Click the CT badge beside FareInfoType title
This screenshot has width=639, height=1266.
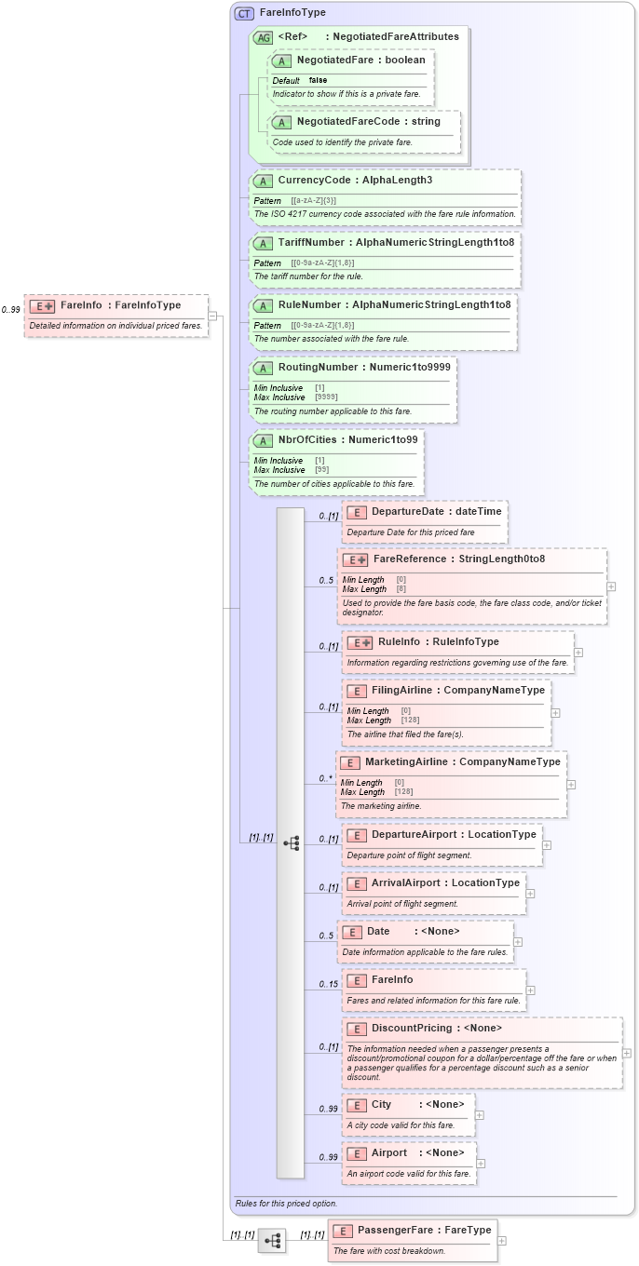pos(244,13)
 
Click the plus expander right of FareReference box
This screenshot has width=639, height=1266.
pos(611,586)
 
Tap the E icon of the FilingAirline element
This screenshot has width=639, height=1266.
pos(356,691)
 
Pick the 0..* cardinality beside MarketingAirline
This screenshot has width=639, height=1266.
pos(326,778)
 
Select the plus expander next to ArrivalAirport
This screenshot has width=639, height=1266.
pos(530,894)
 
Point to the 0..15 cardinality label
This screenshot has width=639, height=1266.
pos(328,985)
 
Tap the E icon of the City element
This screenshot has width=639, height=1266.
pos(356,1104)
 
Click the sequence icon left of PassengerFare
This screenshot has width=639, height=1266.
pos(272,1240)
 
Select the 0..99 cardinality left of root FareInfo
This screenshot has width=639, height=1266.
pos(11,310)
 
